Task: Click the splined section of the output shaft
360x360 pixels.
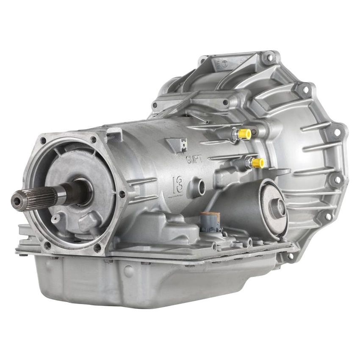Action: (x=40, y=197)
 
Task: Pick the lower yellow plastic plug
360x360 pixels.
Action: (x=258, y=162)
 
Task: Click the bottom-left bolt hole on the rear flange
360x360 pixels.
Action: (x=47, y=245)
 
